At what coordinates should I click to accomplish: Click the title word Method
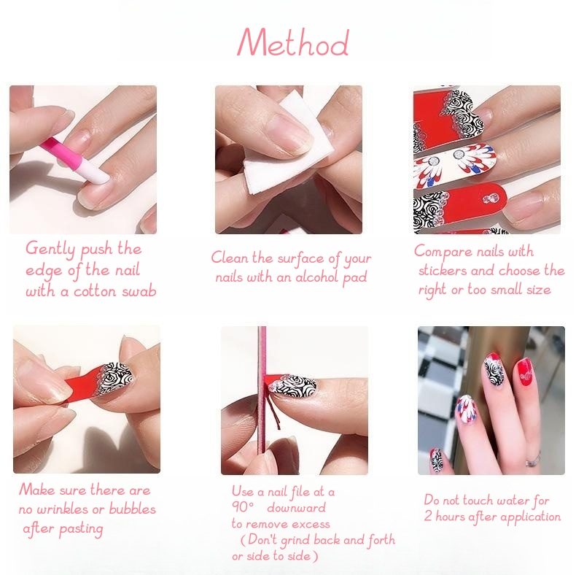point(293,42)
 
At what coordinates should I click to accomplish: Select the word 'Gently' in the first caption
point(50,249)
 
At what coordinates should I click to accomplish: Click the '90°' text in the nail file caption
point(243,507)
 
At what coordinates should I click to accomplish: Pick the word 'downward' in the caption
point(297,508)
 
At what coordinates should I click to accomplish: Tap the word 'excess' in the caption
point(311,524)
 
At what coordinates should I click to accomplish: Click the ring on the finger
point(534,459)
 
